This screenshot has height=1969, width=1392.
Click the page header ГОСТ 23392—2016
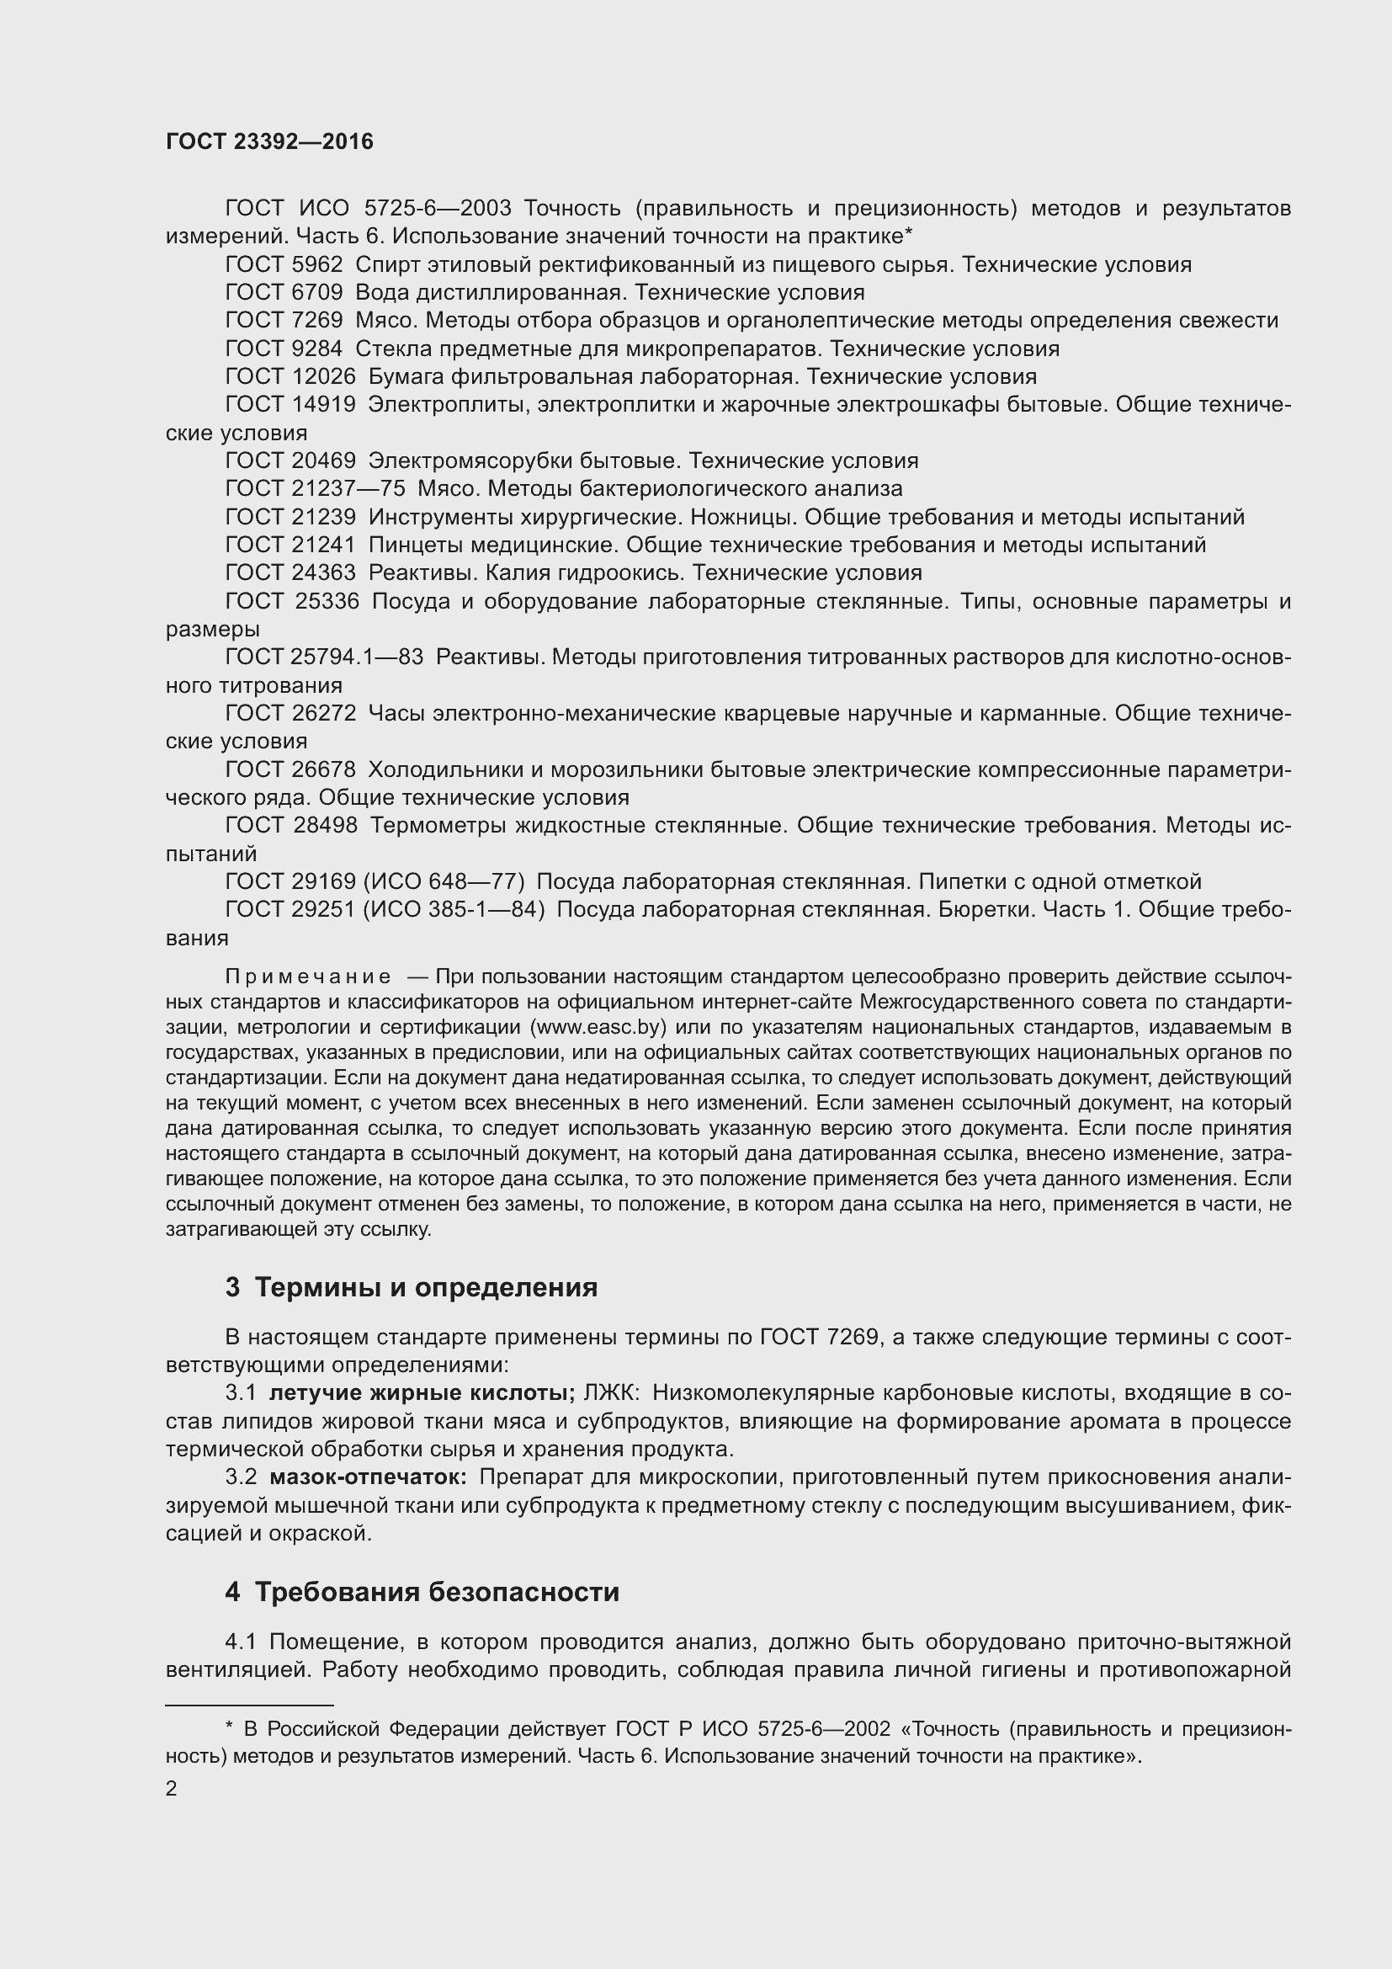pos(269,142)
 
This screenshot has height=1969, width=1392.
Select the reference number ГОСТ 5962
pos(284,265)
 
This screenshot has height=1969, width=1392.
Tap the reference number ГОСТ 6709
pos(284,292)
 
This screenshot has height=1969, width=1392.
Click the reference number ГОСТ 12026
pos(290,376)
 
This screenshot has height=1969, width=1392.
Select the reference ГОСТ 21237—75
pos(315,489)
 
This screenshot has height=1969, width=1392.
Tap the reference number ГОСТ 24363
pos(290,573)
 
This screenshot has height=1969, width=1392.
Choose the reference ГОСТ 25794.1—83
pos(324,657)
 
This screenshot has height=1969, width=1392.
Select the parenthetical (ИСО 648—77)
pos(443,881)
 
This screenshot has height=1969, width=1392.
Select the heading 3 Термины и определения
pos(411,1287)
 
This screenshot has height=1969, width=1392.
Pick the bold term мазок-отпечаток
pos(368,1477)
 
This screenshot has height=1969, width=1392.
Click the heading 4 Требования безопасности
pos(422,1593)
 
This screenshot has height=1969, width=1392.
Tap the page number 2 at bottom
pos(172,1789)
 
